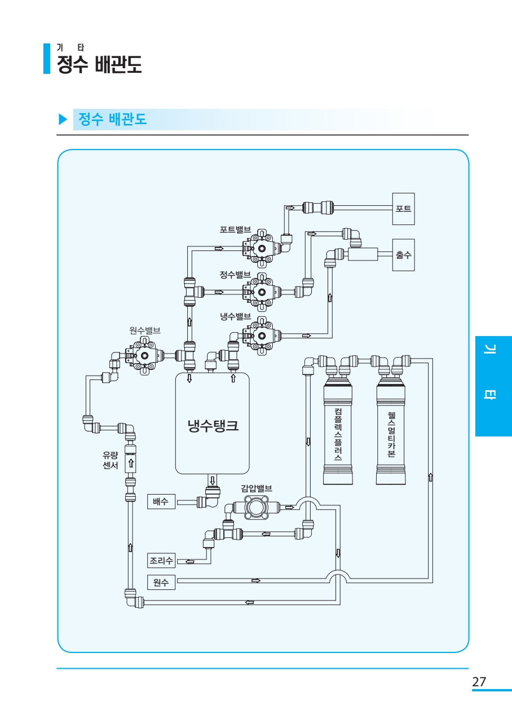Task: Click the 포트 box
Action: pos(404,209)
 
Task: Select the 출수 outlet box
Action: pos(404,255)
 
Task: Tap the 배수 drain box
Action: pos(161,501)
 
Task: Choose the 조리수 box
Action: pos(161,561)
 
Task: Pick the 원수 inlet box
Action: pos(161,583)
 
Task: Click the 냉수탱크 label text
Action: pos(213,426)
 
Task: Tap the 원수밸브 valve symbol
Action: pos(144,356)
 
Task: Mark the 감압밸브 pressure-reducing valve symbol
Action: pos(256,507)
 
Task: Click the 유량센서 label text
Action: pos(111,460)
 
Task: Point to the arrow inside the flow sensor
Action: pos(131,463)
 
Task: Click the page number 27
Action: pos(479,681)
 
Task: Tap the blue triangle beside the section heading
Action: pos(63,119)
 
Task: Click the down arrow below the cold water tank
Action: pos(212,480)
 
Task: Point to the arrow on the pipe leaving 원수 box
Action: pos(256,580)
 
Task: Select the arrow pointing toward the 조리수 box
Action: pos(190,562)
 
